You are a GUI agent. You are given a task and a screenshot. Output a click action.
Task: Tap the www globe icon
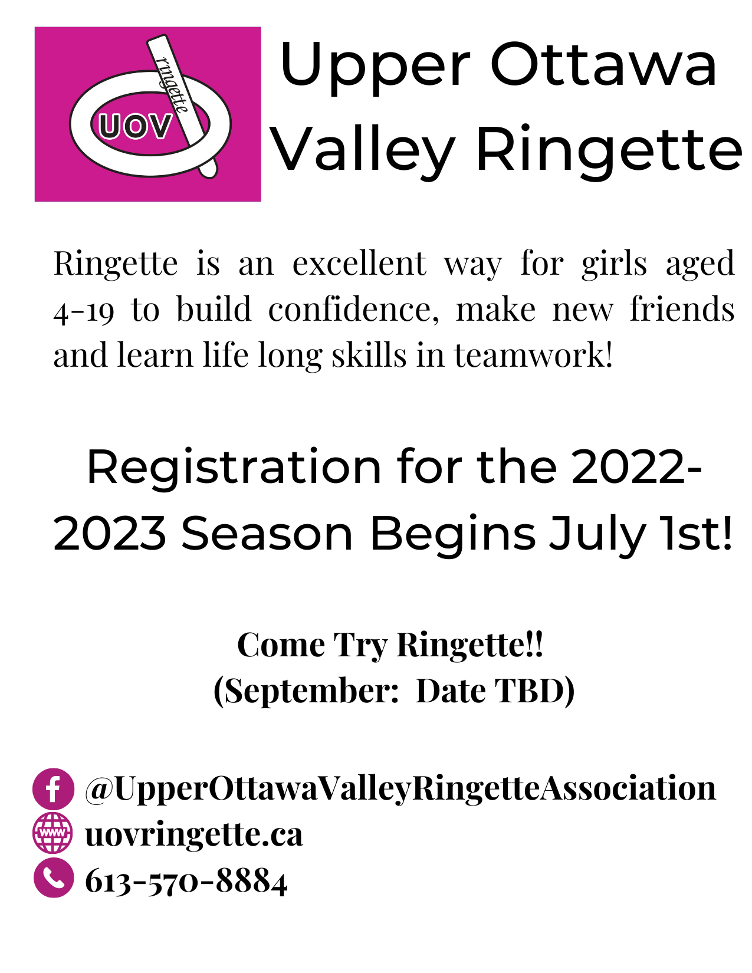[x=53, y=833]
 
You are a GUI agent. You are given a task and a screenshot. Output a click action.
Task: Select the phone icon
[x=53, y=878]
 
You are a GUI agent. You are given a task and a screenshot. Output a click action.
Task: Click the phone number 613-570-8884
[x=186, y=881]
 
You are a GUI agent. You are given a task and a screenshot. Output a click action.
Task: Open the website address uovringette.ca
[x=194, y=834]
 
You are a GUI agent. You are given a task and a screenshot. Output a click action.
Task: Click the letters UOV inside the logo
[x=135, y=126]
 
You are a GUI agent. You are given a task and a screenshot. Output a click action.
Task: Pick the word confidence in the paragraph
[x=353, y=310]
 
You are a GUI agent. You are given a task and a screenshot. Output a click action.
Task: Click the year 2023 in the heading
[x=110, y=534]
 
